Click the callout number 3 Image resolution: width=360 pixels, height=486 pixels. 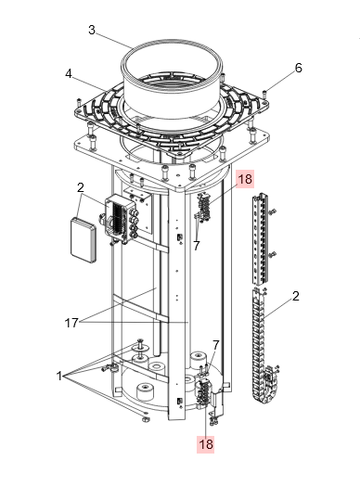pyautogui.click(x=92, y=30)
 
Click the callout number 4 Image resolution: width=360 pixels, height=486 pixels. pyautogui.click(x=69, y=74)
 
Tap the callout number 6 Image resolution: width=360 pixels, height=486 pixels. pyautogui.click(x=298, y=68)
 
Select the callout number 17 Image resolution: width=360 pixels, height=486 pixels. pyautogui.click(x=71, y=323)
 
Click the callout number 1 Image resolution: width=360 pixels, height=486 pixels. pyautogui.click(x=58, y=376)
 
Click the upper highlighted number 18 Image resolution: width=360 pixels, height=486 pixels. pyautogui.click(x=245, y=179)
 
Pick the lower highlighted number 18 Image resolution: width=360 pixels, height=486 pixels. pyautogui.click(x=206, y=444)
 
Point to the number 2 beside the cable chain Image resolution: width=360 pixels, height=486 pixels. pyautogui.click(x=296, y=296)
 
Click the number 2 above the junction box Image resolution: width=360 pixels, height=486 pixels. pyautogui.click(x=81, y=187)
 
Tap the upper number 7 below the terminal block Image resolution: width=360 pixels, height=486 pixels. pyautogui.click(x=197, y=246)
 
